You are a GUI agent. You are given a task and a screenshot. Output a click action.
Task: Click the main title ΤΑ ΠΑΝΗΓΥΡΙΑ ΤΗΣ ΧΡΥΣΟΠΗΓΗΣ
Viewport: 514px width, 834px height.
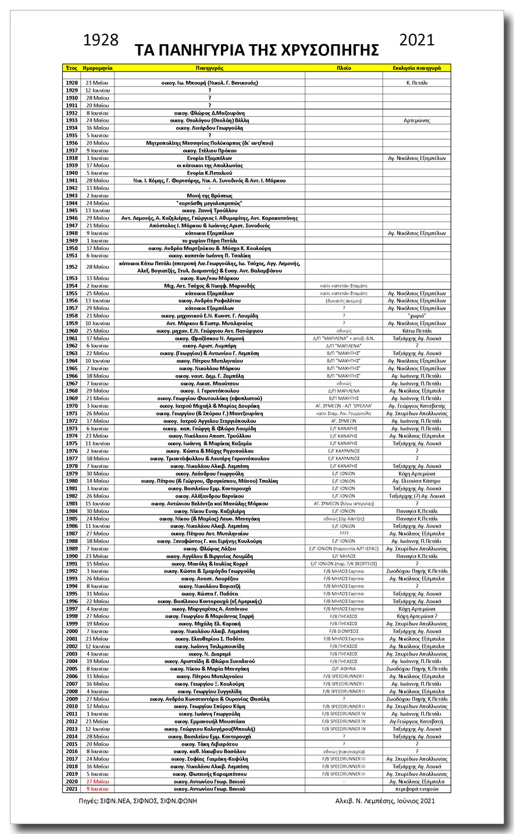(256, 50)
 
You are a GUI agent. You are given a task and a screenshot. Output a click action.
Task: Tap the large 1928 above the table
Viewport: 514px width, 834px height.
(101, 40)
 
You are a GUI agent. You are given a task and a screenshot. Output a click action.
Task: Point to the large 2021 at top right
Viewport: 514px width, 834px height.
(417, 40)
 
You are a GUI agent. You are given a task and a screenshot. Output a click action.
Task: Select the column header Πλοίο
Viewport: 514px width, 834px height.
(344, 68)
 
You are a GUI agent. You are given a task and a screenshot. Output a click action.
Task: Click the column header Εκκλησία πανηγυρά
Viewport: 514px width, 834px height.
(416, 68)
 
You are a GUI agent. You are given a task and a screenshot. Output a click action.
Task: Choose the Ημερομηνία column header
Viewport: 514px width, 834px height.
(97, 68)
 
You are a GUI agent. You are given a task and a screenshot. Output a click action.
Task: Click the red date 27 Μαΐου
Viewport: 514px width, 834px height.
(97, 782)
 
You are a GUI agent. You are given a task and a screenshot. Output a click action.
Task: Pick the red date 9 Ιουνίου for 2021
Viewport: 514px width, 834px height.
(97, 789)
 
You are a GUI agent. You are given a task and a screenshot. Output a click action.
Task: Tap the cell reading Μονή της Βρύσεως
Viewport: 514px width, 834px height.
(209, 195)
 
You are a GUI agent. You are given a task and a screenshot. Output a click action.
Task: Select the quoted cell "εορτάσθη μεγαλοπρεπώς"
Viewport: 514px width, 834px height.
(209, 203)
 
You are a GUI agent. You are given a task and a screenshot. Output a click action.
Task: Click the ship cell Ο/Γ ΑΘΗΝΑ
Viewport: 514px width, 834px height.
(344, 669)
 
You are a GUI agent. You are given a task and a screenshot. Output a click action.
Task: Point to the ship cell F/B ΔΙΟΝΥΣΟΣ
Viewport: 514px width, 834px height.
(344, 631)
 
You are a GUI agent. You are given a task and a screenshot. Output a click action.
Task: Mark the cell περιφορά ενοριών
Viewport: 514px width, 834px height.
(416, 789)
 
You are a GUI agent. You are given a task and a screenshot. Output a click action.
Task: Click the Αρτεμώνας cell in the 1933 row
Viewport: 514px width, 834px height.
(416, 120)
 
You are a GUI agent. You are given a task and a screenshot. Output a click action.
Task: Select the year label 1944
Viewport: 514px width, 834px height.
(72, 203)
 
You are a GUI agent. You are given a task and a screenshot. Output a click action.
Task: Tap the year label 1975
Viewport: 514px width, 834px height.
(72, 443)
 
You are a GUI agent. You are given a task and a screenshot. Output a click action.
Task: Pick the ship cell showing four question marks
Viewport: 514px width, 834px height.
(344, 533)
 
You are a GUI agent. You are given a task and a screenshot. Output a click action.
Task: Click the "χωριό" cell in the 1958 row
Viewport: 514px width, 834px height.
(416, 316)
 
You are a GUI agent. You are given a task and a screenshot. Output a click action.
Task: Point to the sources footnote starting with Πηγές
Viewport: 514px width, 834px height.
(135, 801)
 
